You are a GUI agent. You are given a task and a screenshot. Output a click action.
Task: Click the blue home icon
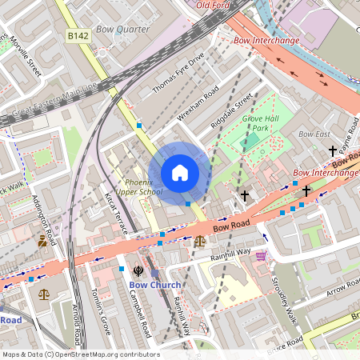point(180,173)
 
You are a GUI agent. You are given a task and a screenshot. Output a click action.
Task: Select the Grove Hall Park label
point(259,122)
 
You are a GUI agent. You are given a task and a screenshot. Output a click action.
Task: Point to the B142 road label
point(78,36)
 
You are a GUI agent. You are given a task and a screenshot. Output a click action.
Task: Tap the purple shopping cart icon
point(261,255)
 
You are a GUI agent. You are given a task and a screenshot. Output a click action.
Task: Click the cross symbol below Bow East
point(332,150)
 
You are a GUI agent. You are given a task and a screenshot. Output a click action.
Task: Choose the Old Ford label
point(213,5)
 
